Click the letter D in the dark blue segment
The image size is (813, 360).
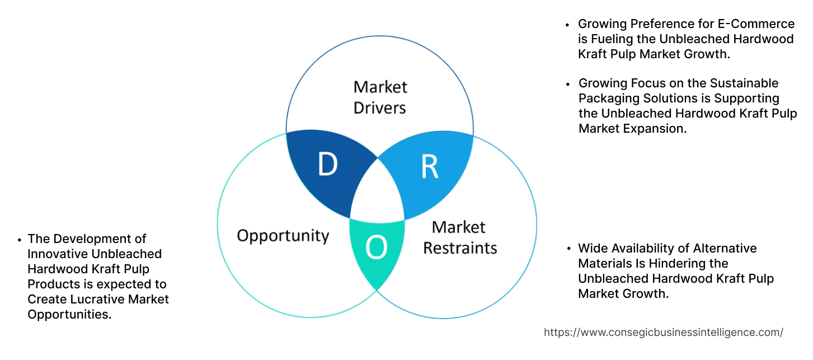328,164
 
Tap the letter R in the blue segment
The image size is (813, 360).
429,166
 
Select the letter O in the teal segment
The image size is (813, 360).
377,247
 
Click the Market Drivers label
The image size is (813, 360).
380,97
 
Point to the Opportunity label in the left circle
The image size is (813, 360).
283,236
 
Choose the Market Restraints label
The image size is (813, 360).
459,237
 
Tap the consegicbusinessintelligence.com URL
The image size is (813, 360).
663,332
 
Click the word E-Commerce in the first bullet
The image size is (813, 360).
762,24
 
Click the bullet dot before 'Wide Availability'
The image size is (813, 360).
568,249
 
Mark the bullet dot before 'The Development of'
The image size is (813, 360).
19,240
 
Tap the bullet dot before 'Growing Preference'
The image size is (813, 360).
568,25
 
